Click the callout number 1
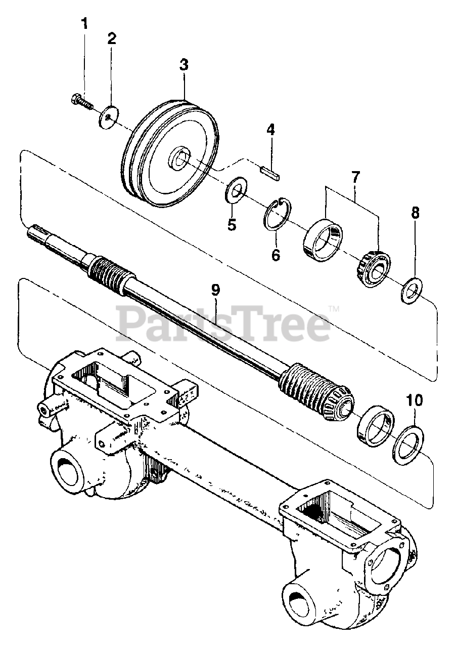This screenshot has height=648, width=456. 85,23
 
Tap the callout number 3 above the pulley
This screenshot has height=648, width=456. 184,65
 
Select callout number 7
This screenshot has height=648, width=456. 355,178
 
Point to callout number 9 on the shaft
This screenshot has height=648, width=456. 215,290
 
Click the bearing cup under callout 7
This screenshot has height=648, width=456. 323,237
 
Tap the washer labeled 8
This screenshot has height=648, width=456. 413,291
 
